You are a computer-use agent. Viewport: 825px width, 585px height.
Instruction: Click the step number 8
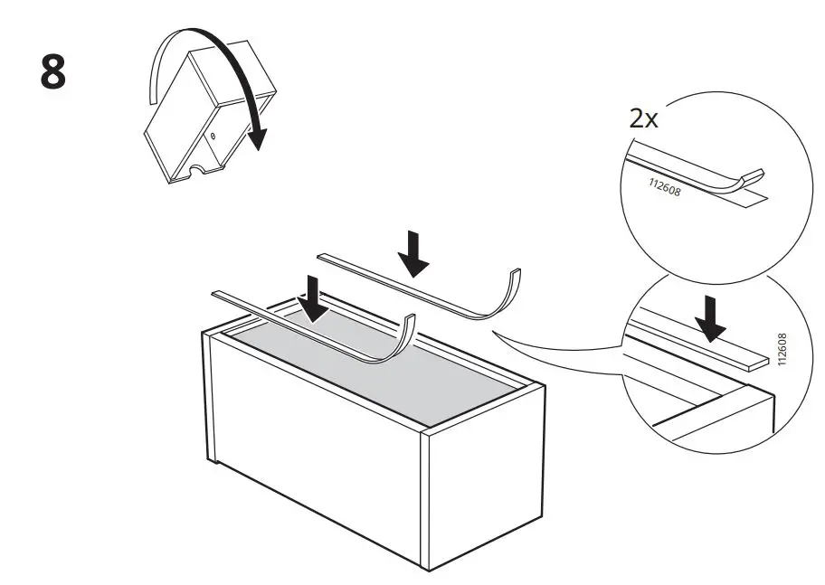pos(53,73)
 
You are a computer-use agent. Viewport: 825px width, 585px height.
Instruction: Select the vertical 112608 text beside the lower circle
pos(782,350)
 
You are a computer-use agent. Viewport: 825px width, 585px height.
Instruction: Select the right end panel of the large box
pos(484,488)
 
